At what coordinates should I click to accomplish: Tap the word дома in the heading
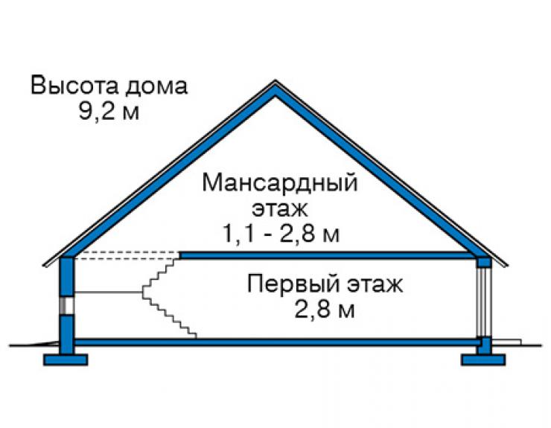pos(156,86)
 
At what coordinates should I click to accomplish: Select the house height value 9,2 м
pos(109,112)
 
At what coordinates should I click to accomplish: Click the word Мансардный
pos(280,183)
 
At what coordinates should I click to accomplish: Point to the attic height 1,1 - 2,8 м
pos(281,233)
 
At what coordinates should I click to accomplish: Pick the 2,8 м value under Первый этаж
pos(325,309)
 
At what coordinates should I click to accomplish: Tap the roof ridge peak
pos(275,82)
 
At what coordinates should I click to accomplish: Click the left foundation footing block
pos(66,360)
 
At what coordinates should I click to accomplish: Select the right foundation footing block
pos(483,360)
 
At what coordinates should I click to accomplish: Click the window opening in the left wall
pos(66,305)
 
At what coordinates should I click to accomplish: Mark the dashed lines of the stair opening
pos(127,255)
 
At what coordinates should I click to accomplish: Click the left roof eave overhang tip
pos(44,266)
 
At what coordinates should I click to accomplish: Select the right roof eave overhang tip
pos(507,266)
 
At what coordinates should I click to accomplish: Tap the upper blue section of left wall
pos(67,277)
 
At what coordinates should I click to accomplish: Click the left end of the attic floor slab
pos(181,255)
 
